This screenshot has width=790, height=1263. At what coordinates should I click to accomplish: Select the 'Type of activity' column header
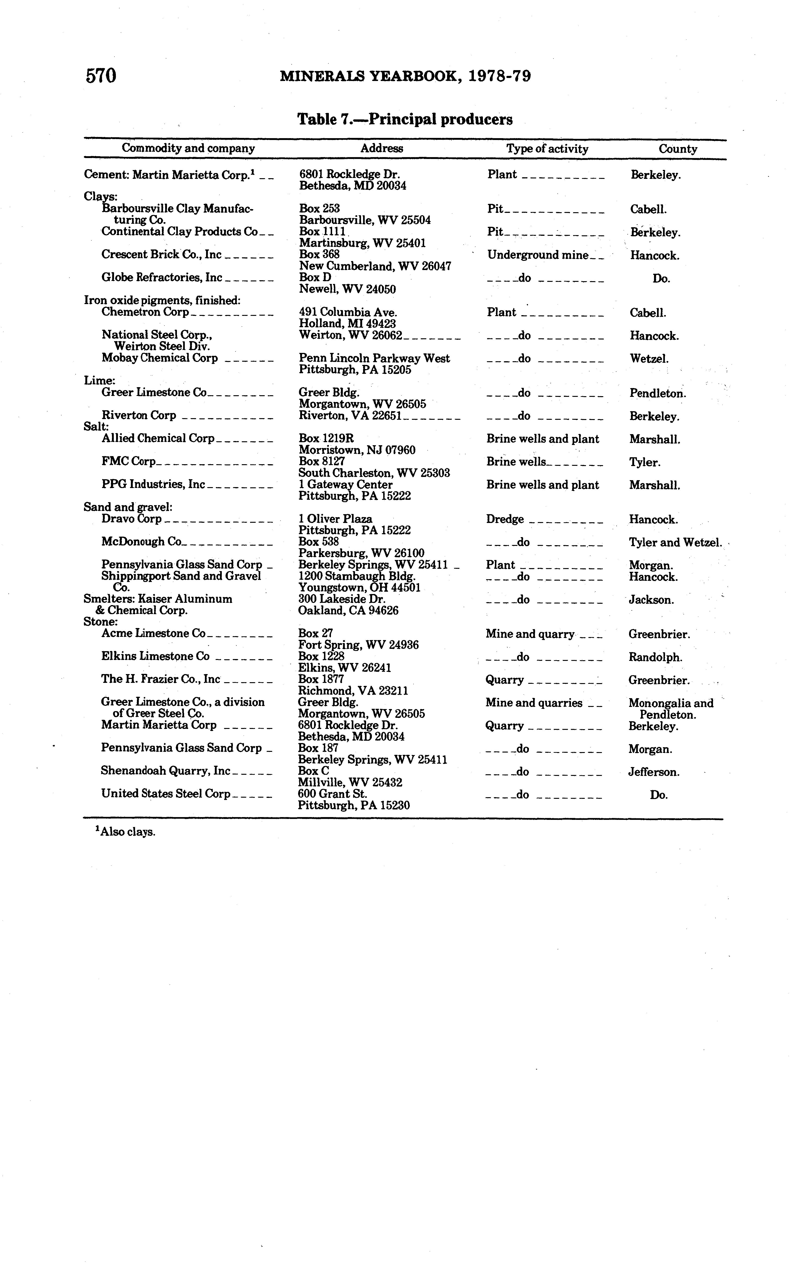pyautogui.click(x=547, y=149)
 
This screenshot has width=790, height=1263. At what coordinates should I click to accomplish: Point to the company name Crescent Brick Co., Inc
pyautogui.click(x=161, y=255)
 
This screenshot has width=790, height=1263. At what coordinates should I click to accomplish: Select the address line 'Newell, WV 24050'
pyautogui.click(x=347, y=289)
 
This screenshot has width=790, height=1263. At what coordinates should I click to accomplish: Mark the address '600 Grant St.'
pyautogui.click(x=332, y=794)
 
